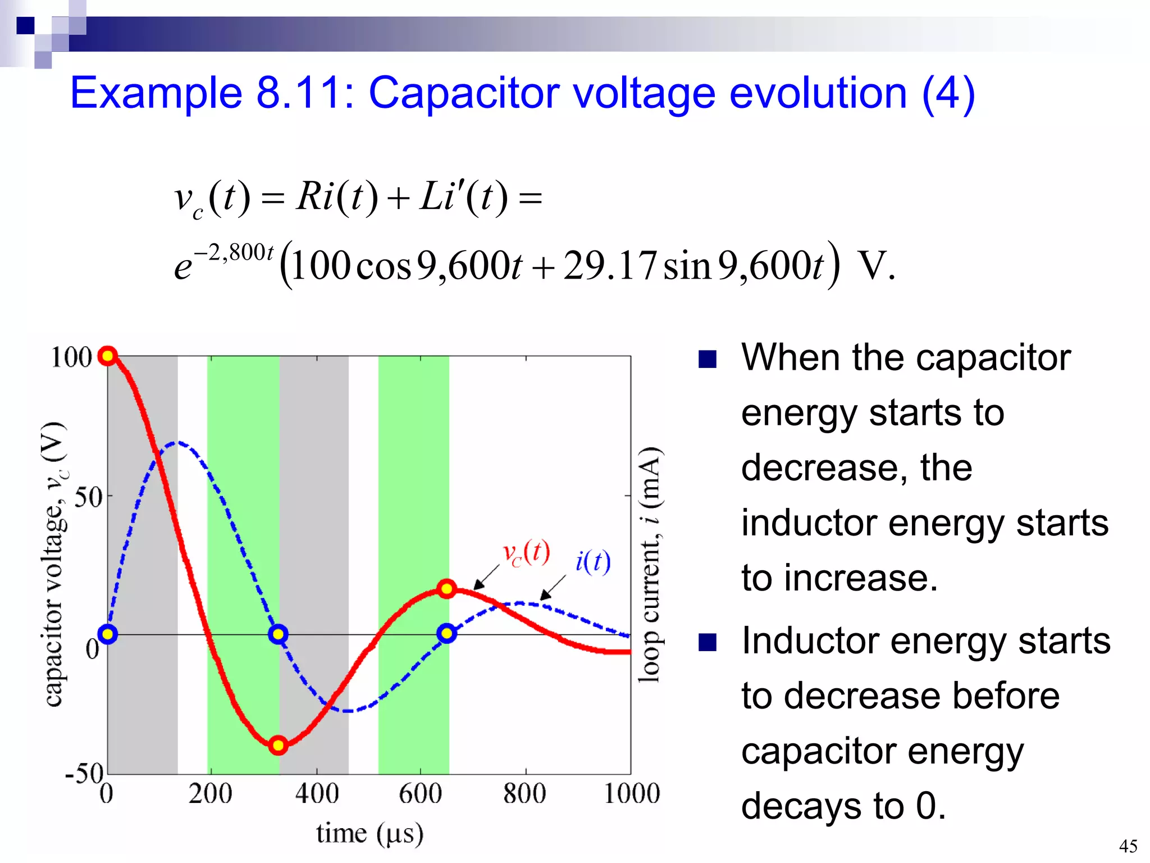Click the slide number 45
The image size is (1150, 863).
1128,846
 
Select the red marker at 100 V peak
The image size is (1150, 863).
107,356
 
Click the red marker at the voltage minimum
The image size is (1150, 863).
278,746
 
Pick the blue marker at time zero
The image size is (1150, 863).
107,634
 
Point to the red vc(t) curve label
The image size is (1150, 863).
526,553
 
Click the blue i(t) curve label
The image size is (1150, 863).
593,561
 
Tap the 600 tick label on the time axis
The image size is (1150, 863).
420,794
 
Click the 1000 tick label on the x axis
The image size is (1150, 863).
632,794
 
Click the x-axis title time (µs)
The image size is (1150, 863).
369,834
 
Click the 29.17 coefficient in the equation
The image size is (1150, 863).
609,266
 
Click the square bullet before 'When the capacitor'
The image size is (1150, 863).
708,359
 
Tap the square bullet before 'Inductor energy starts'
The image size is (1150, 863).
708,642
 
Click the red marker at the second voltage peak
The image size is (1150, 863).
446,589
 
